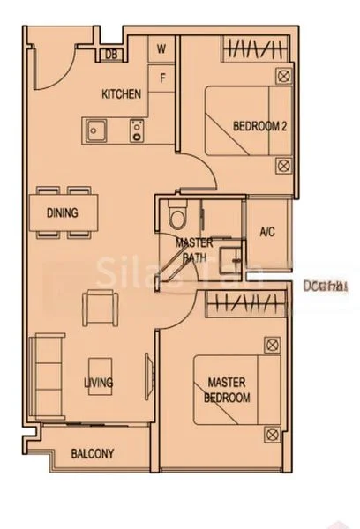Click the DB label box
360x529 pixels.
(111, 54)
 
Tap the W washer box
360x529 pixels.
(162, 49)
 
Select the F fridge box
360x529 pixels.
(162, 77)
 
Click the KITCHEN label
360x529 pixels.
(122, 94)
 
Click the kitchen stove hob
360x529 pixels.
(136, 132)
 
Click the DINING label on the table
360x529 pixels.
(61, 212)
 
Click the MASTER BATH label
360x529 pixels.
(193, 250)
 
